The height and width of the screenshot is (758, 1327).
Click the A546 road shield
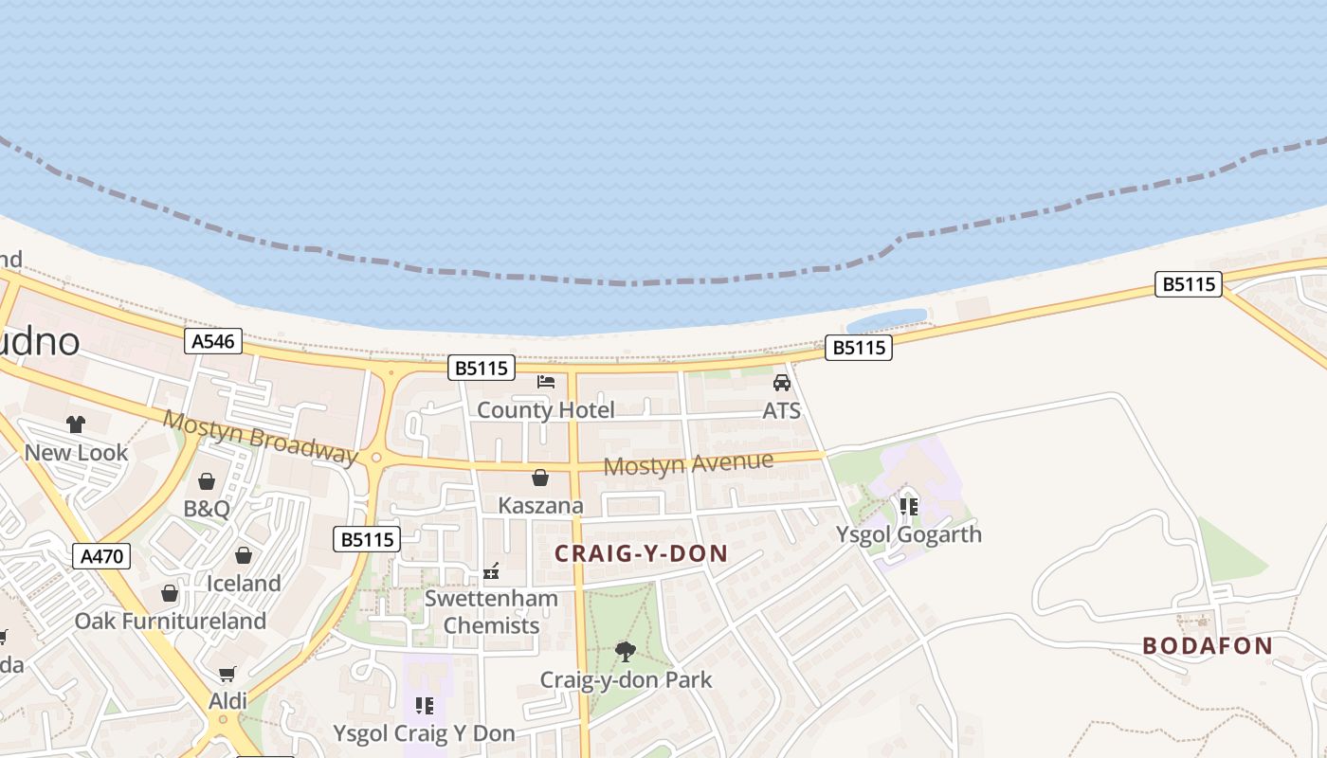click(213, 341)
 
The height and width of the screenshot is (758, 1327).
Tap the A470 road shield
click(101, 556)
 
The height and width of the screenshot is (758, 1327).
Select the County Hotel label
click(545, 410)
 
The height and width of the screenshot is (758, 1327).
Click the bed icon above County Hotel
click(546, 382)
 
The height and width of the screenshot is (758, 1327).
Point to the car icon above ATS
click(782, 383)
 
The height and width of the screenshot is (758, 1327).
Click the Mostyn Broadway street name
click(261, 437)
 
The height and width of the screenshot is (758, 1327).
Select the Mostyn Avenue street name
click(688, 464)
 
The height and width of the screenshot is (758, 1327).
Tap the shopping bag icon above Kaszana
click(540, 478)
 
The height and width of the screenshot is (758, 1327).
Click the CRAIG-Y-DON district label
click(641, 554)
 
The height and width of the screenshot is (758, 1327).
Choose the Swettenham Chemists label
click(491, 612)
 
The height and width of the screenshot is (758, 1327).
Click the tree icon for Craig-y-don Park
click(625, 651)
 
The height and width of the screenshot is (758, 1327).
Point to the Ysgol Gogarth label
click(908, 534)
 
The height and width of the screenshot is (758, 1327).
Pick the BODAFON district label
click(1208, 646)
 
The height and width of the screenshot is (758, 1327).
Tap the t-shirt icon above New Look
click(76, 424)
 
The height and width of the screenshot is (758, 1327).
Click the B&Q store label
click(207, 509)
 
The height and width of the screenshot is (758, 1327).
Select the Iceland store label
click(244, 584)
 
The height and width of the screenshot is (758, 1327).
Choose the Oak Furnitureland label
click(171, 622)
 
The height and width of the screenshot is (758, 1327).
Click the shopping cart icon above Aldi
click(227, 675)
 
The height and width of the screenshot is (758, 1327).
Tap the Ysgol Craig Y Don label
click(424, 733)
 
